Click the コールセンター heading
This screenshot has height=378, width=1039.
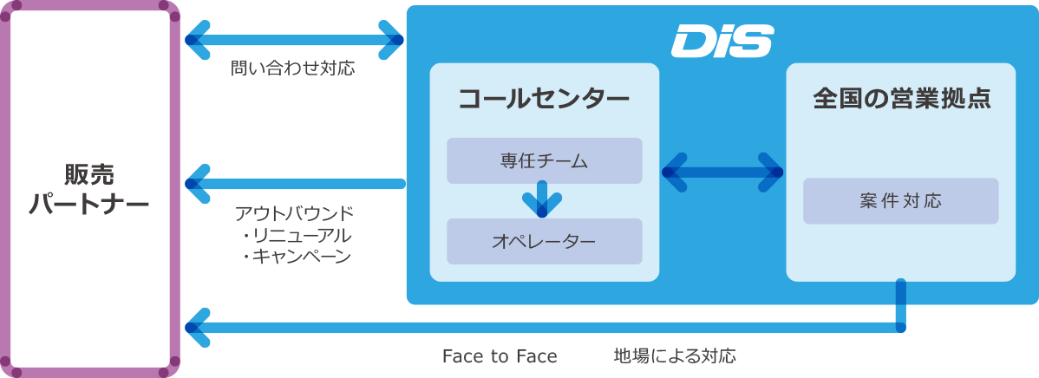coord(544,100)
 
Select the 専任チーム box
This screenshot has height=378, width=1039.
coord(544,160)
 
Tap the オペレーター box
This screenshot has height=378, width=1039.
coord(544,241)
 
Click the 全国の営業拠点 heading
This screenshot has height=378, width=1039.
coord(901,100)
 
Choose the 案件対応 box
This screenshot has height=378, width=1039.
coord(900,200)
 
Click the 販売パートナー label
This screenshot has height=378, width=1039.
coord(88,189)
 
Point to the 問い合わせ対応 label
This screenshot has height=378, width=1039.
coord(293,68)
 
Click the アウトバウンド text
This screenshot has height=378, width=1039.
coord(294,214)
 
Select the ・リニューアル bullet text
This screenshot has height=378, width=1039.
coord(296,235)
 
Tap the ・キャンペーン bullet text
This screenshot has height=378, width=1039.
coord(296,257)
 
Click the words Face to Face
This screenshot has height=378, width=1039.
coord(500,357)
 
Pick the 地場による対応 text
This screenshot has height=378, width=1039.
coord(675,357)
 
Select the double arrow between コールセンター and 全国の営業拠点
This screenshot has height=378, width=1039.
coord(722,173)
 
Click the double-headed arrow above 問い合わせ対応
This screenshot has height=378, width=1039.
coord(295,40)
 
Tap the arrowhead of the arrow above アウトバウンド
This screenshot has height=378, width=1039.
coord(197,183)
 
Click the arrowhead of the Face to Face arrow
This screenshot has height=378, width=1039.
coord(197,327)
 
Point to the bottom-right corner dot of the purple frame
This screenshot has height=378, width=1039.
coord(175,362)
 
